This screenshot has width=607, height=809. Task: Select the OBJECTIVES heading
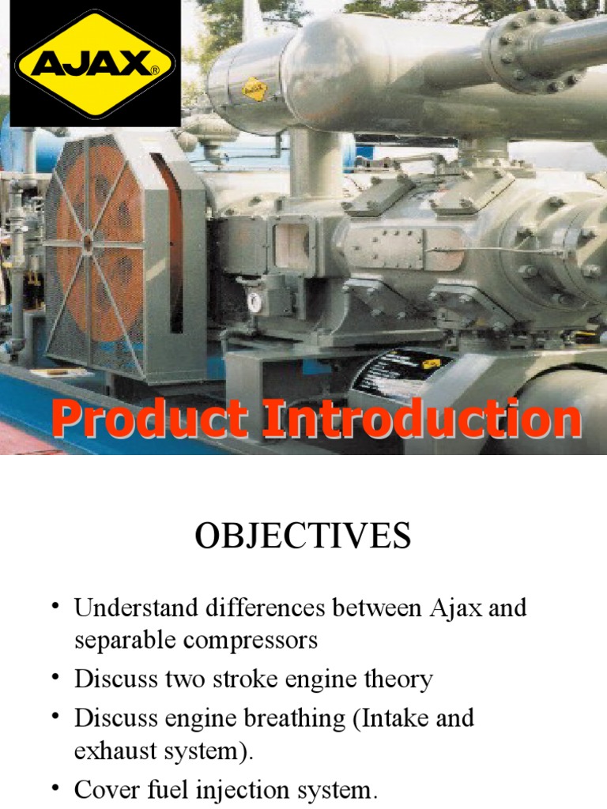[303, 536]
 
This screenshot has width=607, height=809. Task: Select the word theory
[394, 679]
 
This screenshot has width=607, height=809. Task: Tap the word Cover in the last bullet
[100, 789]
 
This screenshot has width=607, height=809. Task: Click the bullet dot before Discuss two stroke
[56, 676]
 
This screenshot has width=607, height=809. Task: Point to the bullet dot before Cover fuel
[56, 786]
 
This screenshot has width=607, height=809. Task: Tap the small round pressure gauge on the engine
[254, 301]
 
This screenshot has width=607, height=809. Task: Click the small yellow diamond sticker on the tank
[254, 89]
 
